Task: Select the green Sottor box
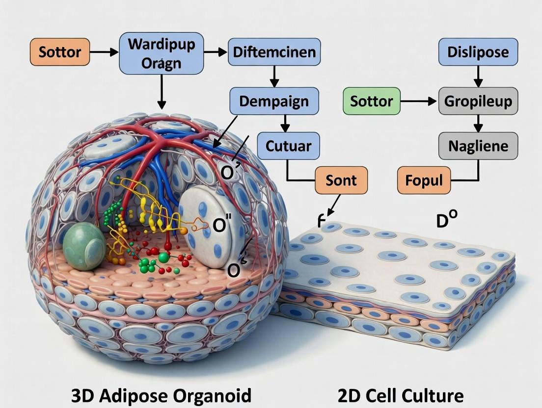pyautogui.click(x=371, y=102)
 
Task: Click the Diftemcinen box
pyautogui.click(x=274, y=51)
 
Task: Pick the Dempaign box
pyautogui.click(x=274, y=102)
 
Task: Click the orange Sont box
pyautogui.click(x=341, y=180)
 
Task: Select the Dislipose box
pyautogui.click(x=478, y=51)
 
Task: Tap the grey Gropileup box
pyautogui.click(x=478, y=102)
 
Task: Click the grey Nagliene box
pyautogui.click(x=478, y=146)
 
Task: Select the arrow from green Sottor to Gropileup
pyautogui.click(x=419, y=102)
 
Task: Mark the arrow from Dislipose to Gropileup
pyautogui.click(x=478, y=76)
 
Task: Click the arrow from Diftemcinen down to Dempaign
pyautogui.click(x=274, y=77)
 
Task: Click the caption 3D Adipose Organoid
pyautogui.click(x=161, y=395)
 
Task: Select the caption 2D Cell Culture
pyautogui.click(x=400, y=395)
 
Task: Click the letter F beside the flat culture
pyautogui.click(x=322, y=222)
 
